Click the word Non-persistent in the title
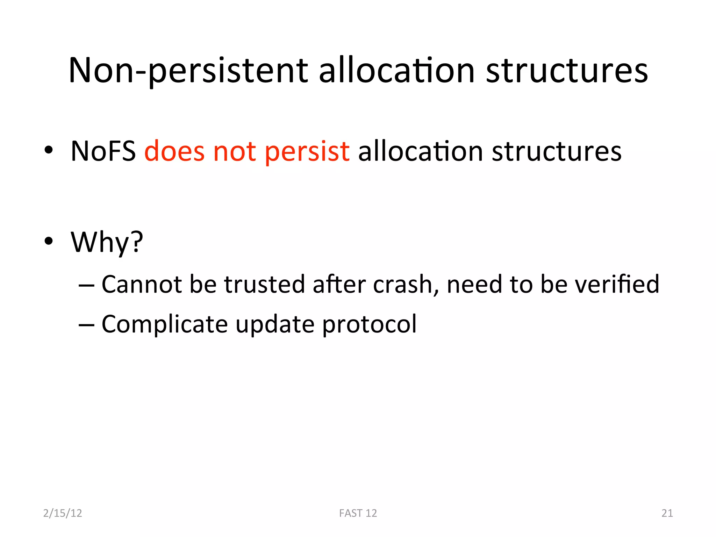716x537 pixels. (x=188, y=71)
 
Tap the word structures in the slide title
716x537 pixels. (x=567, y=71)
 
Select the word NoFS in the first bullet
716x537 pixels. (x=103, y=151)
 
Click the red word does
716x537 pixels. (x=174, y=151)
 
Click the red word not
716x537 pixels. (x=234, y=151)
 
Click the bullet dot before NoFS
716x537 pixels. (x=49, y=150)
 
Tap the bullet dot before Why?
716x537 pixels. (x=49, y=241)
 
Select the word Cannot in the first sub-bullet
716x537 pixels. (x=141, y=284)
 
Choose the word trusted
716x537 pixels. (x=265, y=284)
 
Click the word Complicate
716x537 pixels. (x=164, y=324)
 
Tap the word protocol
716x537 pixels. (x=369, y=324)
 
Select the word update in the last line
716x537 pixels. (x=275, y=324)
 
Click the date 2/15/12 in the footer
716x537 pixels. (x=63, y=513)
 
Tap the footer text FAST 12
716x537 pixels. (x=358, y=513)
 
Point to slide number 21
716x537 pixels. (x=667, y=513)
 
